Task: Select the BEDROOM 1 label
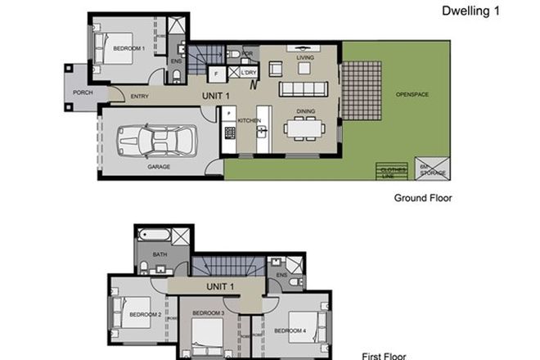[129, 48]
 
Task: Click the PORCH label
[83, 92]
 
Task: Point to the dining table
[306, 128]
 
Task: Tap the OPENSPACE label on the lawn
[412, 94]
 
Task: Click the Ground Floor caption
[422, 198]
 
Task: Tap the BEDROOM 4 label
[290, 331]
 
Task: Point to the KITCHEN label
[249, 120]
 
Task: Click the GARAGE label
[159, 166]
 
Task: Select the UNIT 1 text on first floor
[220, 286]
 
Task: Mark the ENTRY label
[140, 97]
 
